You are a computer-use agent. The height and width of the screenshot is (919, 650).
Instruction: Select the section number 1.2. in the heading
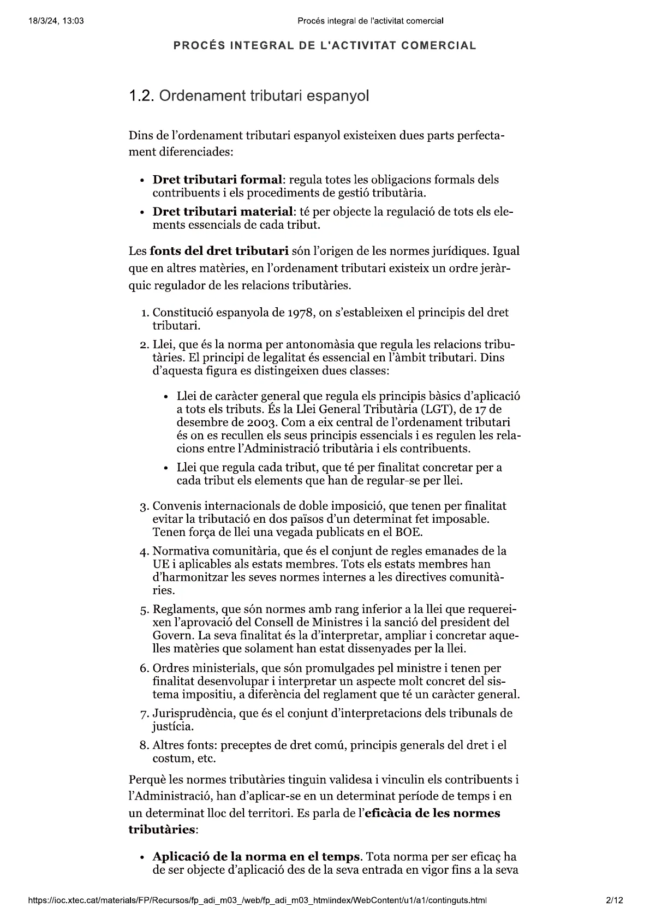pyautogui.click(x=141, y=97)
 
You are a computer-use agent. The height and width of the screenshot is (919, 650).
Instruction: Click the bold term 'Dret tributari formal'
pyautogui.click(x=218, y=180)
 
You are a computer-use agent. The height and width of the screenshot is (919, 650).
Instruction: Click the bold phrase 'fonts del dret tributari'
pyautogui.click(x=219, y=251)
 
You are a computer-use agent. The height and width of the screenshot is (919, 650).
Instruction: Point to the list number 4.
pyautogui.click(x=144, y=551)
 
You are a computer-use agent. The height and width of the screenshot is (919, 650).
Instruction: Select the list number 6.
pyautogui.click(x=144, y=669)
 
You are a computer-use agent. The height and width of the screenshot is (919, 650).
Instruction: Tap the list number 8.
pyautogui.click(x=144, y=745)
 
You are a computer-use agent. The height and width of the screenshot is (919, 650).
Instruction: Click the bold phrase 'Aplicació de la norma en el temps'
pyautogui.click(x=257, y=856)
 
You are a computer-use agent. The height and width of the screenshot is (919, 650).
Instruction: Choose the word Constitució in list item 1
pyautogui.click(x=182, y=313)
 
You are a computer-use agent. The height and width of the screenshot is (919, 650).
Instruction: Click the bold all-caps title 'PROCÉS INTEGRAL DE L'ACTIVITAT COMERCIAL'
pyautogui.click(x=325, y=46)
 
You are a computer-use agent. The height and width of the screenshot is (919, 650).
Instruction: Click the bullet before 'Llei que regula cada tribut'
pyautogui.click(x=166, y=468)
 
